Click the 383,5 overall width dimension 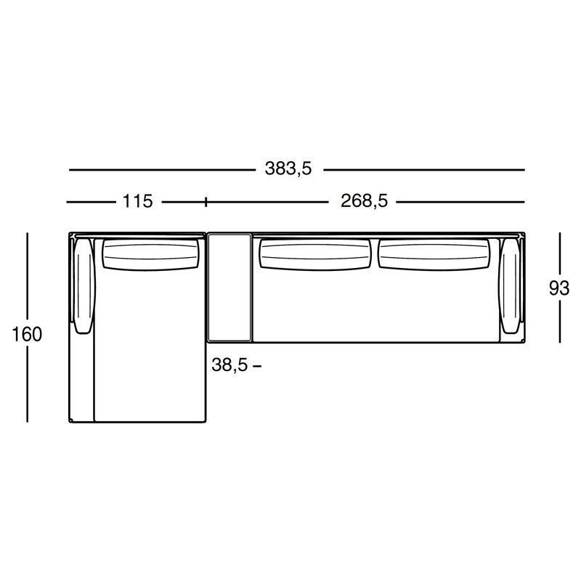288,169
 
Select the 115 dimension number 137,202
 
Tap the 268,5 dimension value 364,201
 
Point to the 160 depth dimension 27,334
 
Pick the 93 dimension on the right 558,288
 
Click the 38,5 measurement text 229,365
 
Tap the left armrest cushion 85,285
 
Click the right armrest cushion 510,285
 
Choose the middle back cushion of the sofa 315,254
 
